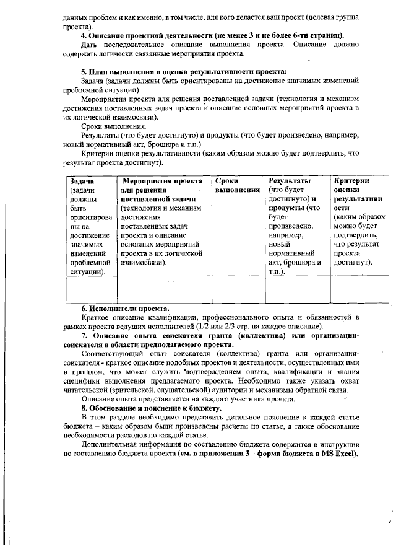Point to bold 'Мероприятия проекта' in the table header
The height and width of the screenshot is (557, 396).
(x=163, y=180)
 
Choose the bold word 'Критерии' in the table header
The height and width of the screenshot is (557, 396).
(x=351, y=180)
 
